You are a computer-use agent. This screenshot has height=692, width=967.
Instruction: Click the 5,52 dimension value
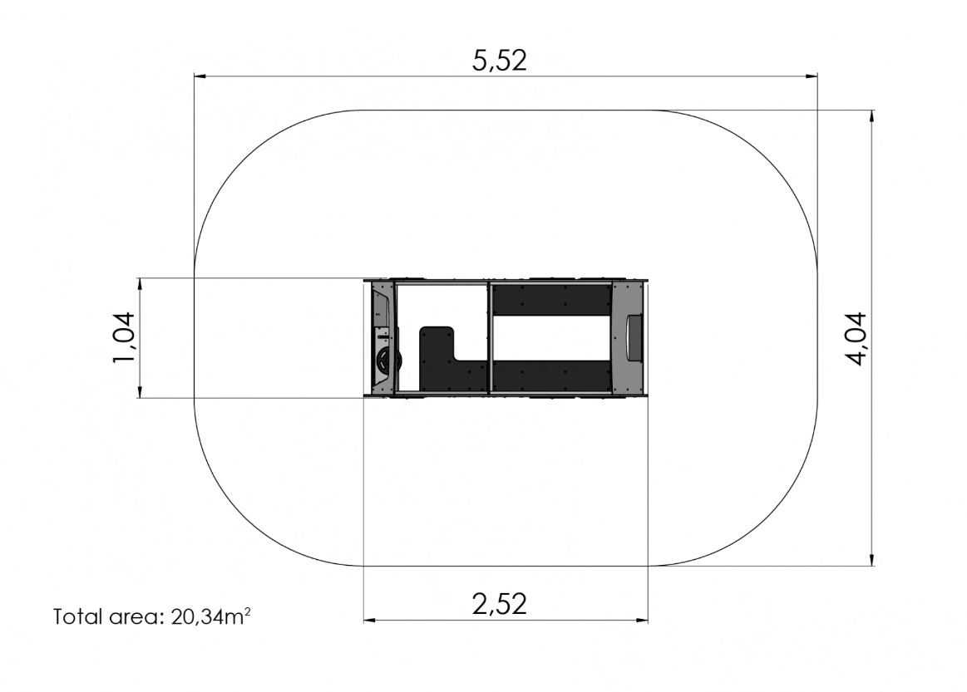coord(500,61)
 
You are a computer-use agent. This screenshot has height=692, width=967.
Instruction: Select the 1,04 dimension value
coord(124,337)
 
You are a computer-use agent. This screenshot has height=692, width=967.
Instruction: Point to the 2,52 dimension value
coord(500,605)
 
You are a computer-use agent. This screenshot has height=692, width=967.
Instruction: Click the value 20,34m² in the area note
coord(211,616)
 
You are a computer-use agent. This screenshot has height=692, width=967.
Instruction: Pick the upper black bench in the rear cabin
coord(551,299)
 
